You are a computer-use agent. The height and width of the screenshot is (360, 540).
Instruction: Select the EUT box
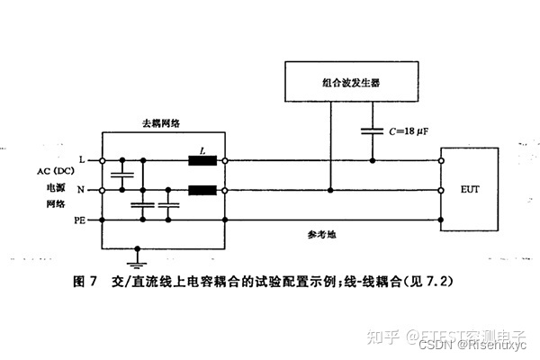[471, 190]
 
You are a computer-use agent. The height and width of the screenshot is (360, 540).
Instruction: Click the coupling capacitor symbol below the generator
[373, 130]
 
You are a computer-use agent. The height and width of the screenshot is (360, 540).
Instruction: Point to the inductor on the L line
[200, 162]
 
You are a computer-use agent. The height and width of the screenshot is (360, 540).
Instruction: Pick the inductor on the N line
[200, 191]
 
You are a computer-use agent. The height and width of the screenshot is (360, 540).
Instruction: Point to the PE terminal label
[78, 220]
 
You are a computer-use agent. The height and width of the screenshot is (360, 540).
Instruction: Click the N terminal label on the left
[82, 191]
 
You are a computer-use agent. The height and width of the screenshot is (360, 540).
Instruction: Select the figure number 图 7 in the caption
[83, 282]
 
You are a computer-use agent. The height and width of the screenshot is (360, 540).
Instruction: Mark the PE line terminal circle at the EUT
[442, 220]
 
